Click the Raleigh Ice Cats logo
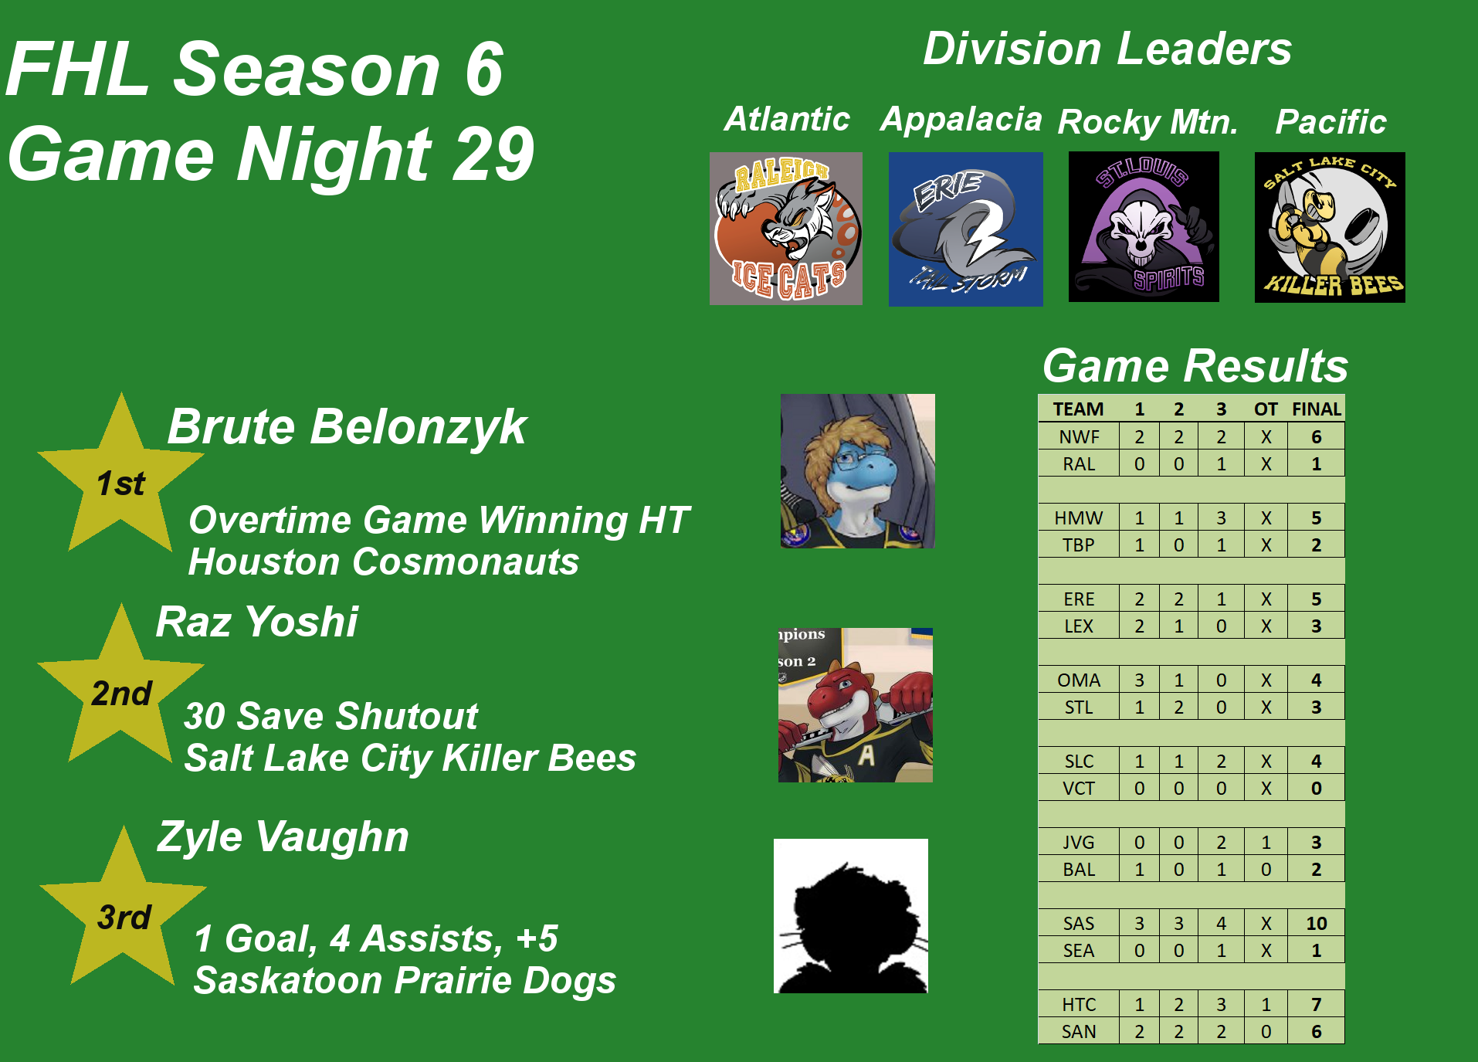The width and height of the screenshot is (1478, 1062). coord(786,229)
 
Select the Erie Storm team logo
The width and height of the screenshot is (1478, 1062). coord(966,229)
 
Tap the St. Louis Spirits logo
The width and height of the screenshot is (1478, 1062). coord(1144,226)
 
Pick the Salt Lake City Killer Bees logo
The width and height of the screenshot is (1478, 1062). coord(1330,227)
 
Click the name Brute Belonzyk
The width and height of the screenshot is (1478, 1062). coord(347,427)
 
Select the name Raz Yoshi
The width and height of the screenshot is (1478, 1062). coord(257,622)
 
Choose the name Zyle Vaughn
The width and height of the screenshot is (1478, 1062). coord(283,836)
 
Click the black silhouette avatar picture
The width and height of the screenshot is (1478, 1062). coord(851,916)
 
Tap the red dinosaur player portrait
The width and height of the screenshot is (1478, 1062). coord(856,705)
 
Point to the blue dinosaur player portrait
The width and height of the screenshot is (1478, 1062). coord(858,471)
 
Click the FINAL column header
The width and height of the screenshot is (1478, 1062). coord(1317,409)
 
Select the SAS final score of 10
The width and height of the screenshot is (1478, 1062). coord(1317,923)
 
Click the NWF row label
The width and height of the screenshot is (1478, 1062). coord(1079,437)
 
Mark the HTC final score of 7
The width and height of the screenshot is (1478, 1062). coord(1317,1004)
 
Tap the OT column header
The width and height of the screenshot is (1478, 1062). coord(1266,409)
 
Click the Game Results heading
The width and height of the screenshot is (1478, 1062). coord(1195,365)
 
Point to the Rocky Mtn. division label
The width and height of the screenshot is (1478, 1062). coord(1148,122)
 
